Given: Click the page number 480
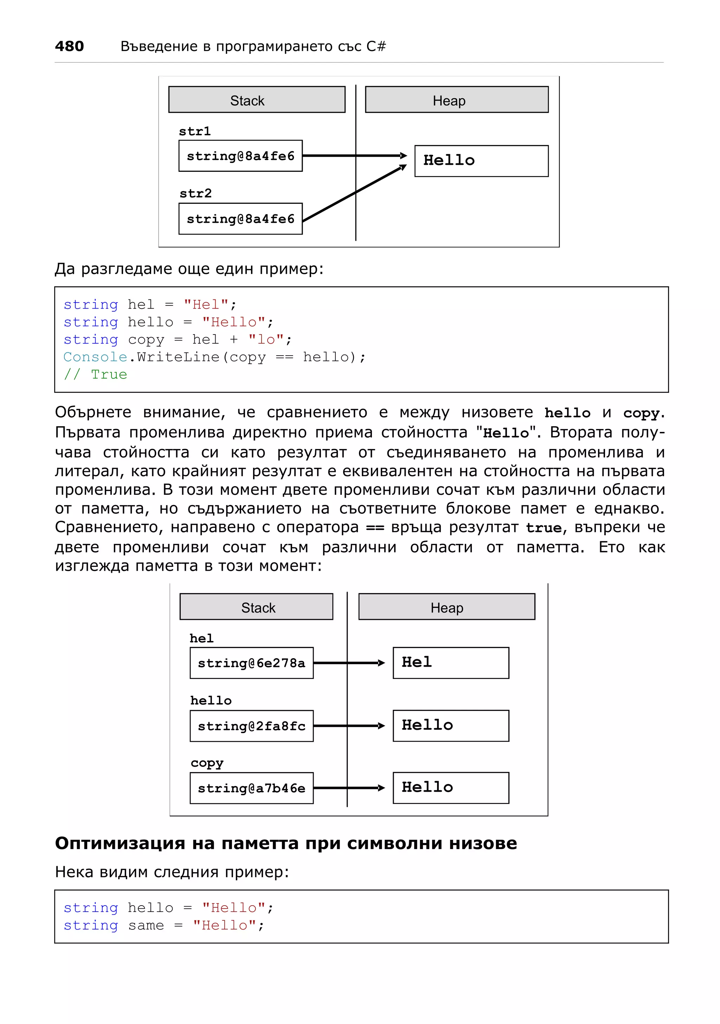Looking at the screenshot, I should coord(69,46).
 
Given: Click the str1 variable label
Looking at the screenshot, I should coord(194,131).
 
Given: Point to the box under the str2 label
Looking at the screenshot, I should coord(240,219).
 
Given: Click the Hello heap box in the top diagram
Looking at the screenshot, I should coord(481,161).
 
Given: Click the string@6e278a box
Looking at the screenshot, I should coord(252,663).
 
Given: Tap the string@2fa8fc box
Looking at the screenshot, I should coord(252,726).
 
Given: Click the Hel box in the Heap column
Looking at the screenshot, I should coord(451,663).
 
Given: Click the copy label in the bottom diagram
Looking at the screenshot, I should coord(207,763).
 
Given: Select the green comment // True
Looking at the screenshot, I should coord(96,375).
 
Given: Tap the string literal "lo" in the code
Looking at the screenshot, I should coord(266,340).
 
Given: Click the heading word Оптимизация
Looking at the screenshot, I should coord(120,843).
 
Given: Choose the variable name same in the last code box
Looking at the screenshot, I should coord(146,926).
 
